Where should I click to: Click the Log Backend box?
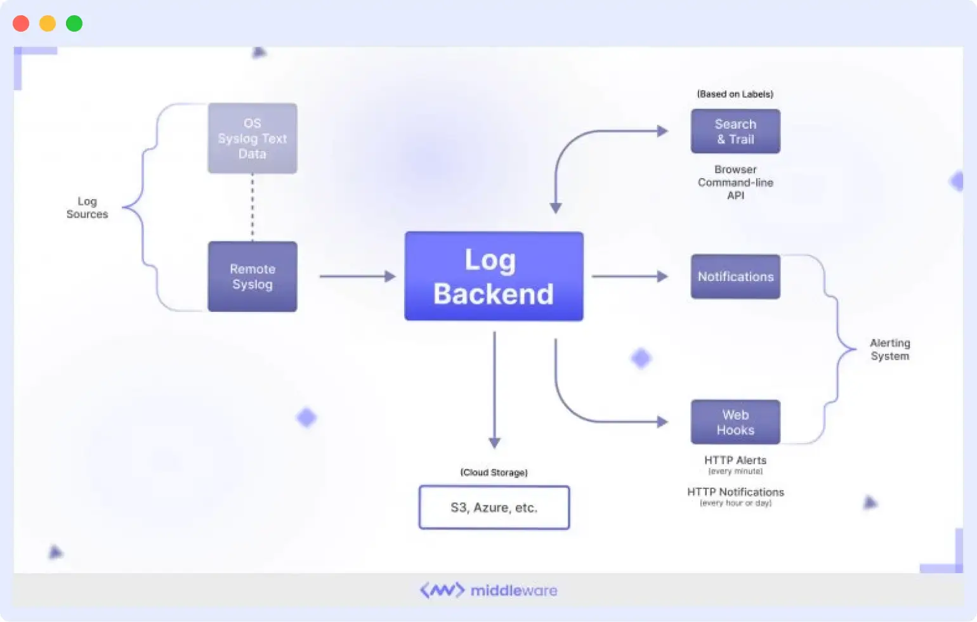point(494,276)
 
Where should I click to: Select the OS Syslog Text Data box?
point(252,138)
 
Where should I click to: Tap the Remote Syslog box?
point(252,276)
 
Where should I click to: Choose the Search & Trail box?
point(735,131)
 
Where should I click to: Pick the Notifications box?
point(735,276)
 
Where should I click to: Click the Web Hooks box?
point(735,422)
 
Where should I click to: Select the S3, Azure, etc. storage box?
point(494,507)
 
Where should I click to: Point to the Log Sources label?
point(87,208)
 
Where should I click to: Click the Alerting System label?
point(889,349)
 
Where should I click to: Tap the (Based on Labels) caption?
point(735,94)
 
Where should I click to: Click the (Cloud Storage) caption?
point(494,472)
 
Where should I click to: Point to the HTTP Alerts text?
point(735,460)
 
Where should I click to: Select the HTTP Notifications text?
point(735,492)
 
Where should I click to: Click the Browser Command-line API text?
point(735,183)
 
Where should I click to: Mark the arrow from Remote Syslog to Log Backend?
point(357,276)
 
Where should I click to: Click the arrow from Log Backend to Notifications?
point(629,276)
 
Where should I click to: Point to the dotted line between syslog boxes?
point(252,207)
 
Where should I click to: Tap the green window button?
point(74,23)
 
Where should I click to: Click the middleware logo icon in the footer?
point(442,590)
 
